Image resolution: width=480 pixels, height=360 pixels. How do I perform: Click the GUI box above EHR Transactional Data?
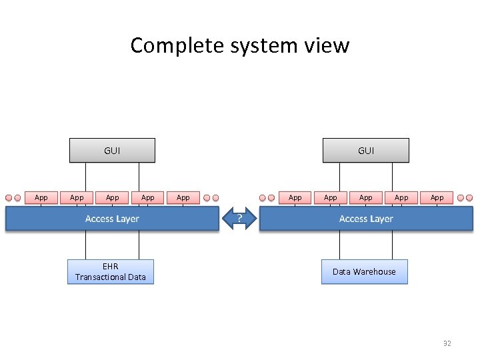point(112,151)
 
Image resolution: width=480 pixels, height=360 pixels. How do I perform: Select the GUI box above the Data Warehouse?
point(365,151)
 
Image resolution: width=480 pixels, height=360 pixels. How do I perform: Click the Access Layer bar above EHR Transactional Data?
point(112,219)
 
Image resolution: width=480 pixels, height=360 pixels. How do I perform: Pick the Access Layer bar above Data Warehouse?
point(365,219)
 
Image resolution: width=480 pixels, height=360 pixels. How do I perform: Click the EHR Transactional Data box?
point(111,271)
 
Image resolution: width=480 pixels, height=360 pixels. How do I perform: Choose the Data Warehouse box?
point(364,271)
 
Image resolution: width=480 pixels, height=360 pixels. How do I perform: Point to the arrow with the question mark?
point(239,219)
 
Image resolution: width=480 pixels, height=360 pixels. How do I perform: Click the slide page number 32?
point(447,343)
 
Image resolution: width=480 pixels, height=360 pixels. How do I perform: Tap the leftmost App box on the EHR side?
point(41,197)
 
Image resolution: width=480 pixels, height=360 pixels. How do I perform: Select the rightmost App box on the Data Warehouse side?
point(437,197)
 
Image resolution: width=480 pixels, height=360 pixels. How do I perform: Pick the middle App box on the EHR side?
point(113,197)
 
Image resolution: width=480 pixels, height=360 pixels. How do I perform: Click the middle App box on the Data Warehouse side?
point(366,197)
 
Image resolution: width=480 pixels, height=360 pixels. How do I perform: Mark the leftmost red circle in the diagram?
point(9,198)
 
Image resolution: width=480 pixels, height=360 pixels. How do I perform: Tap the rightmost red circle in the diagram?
point(469,198)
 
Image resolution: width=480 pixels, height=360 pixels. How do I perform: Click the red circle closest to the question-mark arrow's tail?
point(216,198)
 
